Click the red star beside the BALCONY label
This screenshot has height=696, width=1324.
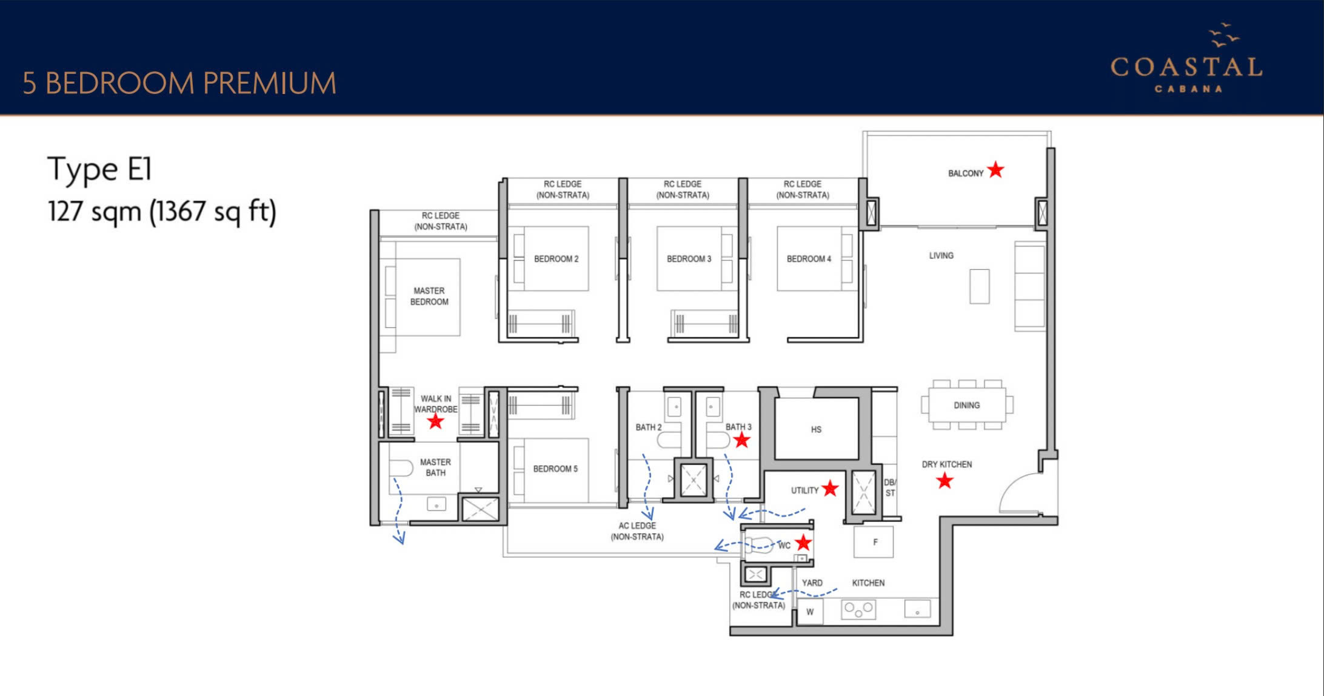pyautogui.click(x=995, y=170)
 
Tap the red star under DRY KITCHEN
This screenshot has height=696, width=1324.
pyautogui.click(x=945, y=481)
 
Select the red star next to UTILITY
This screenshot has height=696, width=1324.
pyautogui.click(x=830, y=488)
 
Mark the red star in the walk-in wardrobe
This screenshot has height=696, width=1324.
pyautogui.click(x=435, y=421)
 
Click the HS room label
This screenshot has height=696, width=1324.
pyautogui.click(x=816, y=429)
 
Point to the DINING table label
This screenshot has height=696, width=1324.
pyautogui.click(x=966, y=405)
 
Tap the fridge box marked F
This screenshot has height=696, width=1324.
pyautogui.click(x=874, y=542)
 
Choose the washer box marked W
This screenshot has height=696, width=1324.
pyautogui.click(x=810, y=612)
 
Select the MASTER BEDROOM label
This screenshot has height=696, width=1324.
pyautogui.click(x=429, y=296)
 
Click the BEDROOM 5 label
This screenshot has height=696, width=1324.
pyautogui.click(x=555, y=469)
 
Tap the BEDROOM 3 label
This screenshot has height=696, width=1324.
pyautogui.click(x=689, y=259)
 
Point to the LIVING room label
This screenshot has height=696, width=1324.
pyautogui.click(x=941, y=255)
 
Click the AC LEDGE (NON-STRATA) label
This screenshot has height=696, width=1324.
pyautogui.click(x=637, y=531)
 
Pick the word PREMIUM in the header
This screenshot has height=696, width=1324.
pyautogui.click(x=269, y=83)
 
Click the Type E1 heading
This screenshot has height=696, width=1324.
pyautogui.click(x=99, y=169)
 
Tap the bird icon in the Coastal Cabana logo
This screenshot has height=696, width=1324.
pyautogui.click(x=1224, y=35)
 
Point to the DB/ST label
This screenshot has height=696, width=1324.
pyautogui.click(x=889, y=487)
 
